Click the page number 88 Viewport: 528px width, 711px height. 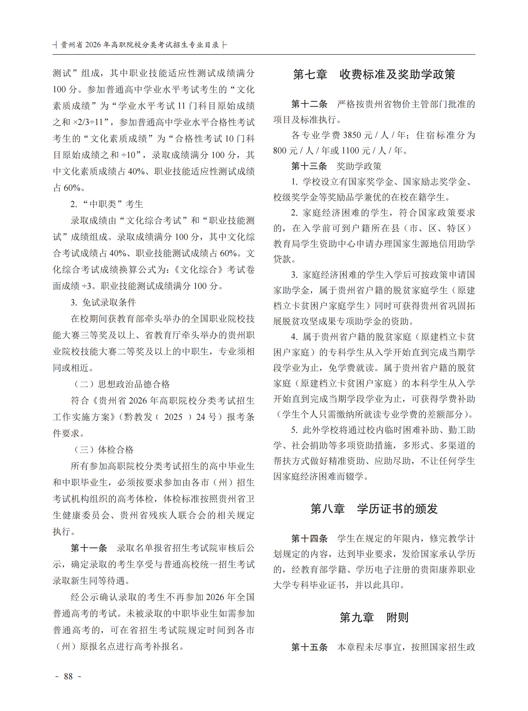point(68,677)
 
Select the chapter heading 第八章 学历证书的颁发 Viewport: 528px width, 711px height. point(374,509)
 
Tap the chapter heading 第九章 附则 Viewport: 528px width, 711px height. point(374,617)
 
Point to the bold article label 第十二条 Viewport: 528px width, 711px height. point(309,104)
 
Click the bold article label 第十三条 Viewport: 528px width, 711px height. point(309,166)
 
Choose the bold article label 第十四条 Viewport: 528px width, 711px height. point(309,538)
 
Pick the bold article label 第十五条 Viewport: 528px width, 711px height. point(309,647)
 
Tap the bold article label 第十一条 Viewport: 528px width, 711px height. point(89,548)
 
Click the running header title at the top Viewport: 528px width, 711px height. point(140,45)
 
